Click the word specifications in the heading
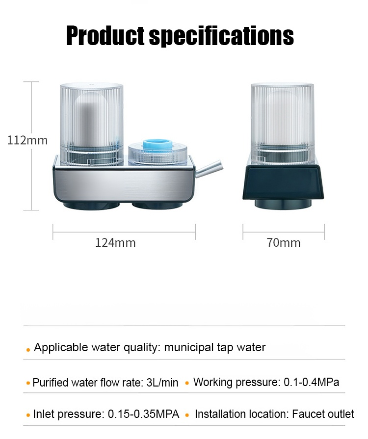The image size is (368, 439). [x=221, y=36]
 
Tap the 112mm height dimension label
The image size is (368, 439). [x=27, y=140]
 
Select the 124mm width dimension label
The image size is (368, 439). [x=115, y=243]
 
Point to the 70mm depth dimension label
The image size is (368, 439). [x=284, y=243]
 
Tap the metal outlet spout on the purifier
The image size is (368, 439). [x=209, y=169]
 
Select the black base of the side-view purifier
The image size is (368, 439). [x=283, y=182]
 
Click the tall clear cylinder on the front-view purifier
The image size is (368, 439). [x=92, y=124]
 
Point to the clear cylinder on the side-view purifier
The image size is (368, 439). [x=283, y=124]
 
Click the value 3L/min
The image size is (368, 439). [x=162, y=383]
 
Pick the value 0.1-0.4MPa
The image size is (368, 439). [x=312, y=382]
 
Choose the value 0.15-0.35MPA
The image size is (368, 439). [x=143, y=414]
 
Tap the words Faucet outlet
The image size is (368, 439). [x=323, y=414]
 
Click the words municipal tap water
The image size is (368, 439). [x=214, y=348]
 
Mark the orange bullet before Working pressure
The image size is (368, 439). [x=187, y=383]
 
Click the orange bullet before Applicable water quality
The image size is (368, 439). [x=28, y=350]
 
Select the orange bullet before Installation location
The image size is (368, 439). [x=187, y=415]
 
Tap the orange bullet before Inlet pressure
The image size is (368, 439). [x=28, y=415]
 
